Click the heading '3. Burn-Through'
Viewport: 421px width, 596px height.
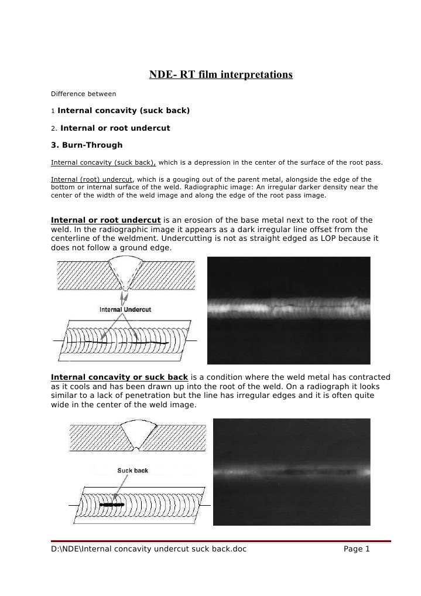point(87,145)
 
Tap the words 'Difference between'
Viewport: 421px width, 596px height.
point(83,94)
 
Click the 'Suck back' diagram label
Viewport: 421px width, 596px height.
point(132,471)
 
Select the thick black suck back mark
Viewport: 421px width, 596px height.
point(111,504)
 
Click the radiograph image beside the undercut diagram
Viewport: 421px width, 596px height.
point(289,310)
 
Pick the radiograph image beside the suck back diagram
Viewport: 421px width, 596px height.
point(292,472)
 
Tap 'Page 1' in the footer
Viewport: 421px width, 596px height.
point(357,549)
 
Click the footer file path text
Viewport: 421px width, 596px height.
point(149,549)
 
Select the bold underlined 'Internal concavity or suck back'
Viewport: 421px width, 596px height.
point(119,377)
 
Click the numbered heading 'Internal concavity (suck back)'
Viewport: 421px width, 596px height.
point(124,111)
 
